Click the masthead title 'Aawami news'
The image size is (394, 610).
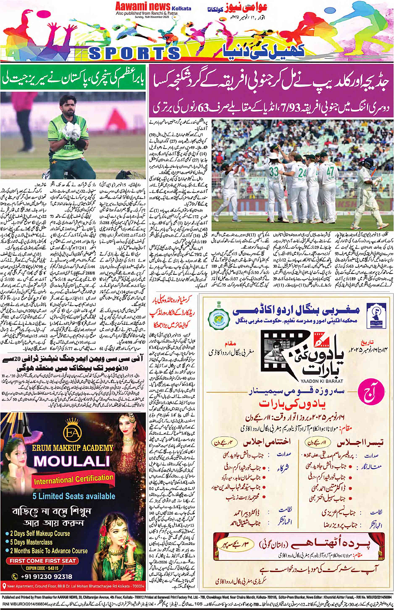[x=143, y=6]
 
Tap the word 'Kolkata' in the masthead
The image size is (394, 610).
[x=181, y=8]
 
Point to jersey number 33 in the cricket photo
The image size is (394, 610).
[x=274, y=172]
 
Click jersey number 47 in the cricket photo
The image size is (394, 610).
[x=331, y=171]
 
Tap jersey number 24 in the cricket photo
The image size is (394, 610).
[x=302, y=172]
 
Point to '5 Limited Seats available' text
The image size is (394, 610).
[x=74, y=496]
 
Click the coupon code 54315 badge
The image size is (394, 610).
[x=42, y=568]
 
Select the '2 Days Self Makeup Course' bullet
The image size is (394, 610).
[x=40, y=533]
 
